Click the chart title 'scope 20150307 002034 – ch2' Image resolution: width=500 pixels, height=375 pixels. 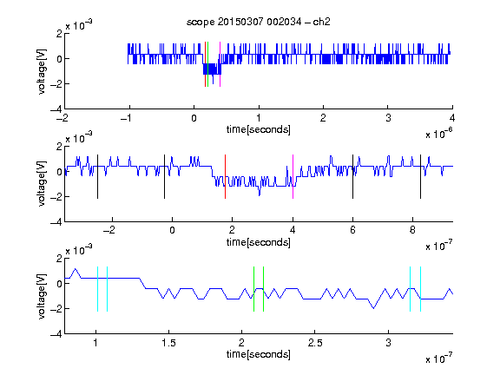[x=259, y=22]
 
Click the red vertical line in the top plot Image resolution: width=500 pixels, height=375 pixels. [x=206, y=64]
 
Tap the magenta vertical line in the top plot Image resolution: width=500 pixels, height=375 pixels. [x=220, y=64]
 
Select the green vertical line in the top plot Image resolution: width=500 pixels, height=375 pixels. [x=208, y=64]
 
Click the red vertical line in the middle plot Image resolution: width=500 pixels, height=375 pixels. [x=225, y=177]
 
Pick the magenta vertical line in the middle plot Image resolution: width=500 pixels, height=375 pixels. [x=293, y=177]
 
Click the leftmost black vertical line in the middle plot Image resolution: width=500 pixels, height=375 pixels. [x=97, y=177]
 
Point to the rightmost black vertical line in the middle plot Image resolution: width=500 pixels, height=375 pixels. [x=420, y=177]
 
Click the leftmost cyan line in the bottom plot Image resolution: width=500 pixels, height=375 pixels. [x=97, y=289]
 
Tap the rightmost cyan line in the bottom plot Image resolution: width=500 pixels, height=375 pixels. [x=420, y=289]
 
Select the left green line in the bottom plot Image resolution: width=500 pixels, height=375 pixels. [x=253, y=289]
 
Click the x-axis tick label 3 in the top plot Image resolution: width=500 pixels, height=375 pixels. [x=388, y=118]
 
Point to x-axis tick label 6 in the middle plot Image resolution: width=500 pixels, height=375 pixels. [x=352, y=230]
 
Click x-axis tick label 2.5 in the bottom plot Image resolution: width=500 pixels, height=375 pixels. [x=315, y=343]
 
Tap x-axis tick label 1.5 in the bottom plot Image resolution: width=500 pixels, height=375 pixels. [x=168, y=343]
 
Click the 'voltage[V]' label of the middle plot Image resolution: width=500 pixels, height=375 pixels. [x=42, y=184]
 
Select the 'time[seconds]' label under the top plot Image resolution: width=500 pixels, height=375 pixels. [x=259, y=129]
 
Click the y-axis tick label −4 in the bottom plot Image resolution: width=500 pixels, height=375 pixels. [x=56, y=334]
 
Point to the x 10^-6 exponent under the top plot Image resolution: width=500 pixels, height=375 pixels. [x=439, y=133]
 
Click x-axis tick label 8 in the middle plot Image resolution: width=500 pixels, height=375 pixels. [x=412, y=230]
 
